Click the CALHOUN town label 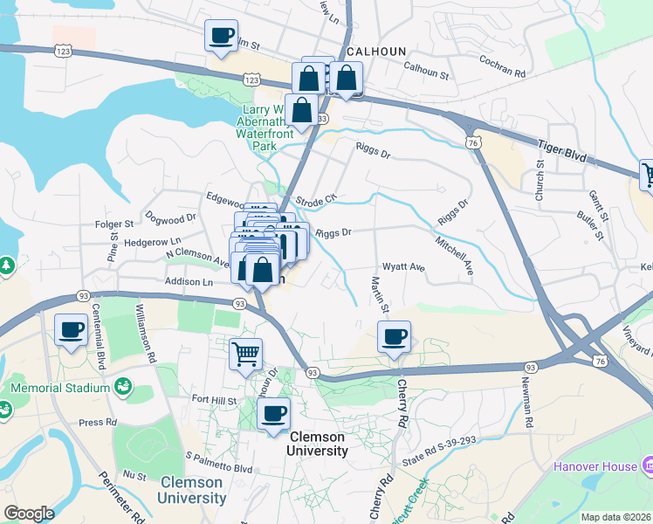pos(376,52)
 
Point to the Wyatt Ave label pos(403,267)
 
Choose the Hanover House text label pos(595,466)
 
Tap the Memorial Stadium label pos(60,388)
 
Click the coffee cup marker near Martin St pos(394,336)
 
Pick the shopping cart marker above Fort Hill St pos(246,354)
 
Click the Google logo pos(29,513)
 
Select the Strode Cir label pos(316,200)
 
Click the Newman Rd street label pos(528,408)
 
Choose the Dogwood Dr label pos(172,218)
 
